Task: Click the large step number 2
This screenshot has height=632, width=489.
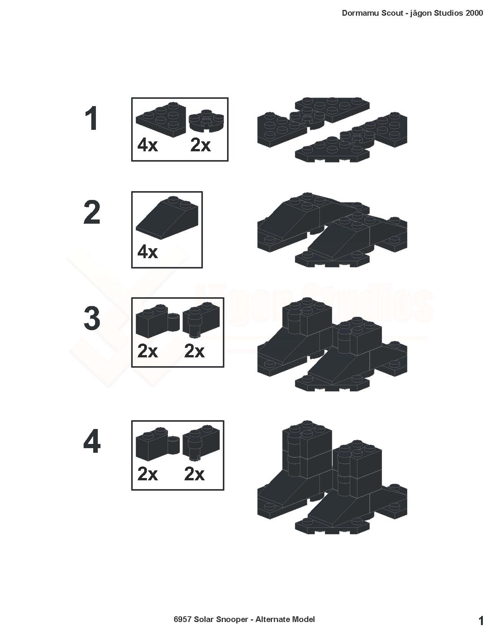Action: coord(92,212)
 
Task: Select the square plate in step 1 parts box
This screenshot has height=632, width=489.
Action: coord(161,120)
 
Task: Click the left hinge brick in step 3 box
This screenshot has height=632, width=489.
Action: coord(158,321)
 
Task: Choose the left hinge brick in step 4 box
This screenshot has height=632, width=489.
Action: coord(158,444)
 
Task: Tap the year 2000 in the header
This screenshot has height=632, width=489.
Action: coord(474,13)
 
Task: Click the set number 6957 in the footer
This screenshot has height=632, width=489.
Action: coord(183,619)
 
